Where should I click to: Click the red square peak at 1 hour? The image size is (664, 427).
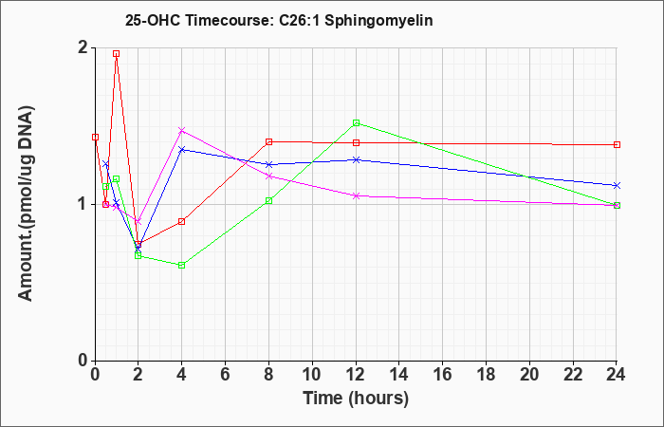point(116,54)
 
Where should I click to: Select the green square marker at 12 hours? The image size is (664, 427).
point(356,122)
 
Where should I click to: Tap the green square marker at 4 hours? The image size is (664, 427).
point(182,265)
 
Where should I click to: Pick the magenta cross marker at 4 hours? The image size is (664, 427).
point(182,131)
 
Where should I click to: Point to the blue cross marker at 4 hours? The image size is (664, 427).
point(182,150)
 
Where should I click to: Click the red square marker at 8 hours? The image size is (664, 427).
point(268,142)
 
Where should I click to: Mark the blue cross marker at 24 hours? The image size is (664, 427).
point(617,186)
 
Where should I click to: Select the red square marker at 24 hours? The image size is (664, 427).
point(617,145)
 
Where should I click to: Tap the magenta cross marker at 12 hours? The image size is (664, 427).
point(356,195)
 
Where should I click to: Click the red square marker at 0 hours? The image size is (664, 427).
point(95,138)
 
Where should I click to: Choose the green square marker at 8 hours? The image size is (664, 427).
point(268,201)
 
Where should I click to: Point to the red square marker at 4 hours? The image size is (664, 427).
point(182,221)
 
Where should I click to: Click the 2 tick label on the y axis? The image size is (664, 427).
point(84,47)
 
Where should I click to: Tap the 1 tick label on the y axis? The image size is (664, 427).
point(84,204)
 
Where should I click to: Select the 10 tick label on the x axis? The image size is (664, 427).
point(312,375)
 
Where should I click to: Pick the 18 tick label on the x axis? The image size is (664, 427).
point(486,375)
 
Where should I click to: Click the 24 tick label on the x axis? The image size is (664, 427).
point(617,375)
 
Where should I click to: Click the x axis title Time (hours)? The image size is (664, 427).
point(356,399)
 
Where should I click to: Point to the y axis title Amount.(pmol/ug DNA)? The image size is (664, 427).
point(26,204)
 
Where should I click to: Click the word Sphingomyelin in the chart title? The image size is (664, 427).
point(378,21)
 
